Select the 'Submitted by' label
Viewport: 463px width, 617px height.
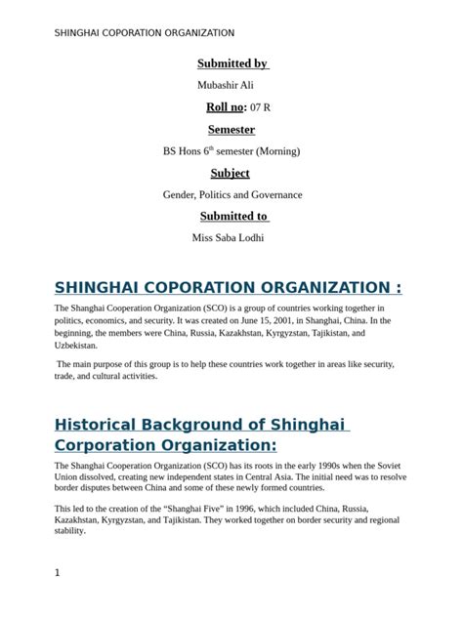(x=232, y=64)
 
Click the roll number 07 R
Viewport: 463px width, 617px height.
(x=261, y=106)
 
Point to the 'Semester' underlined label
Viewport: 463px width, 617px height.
(x=231, y=130)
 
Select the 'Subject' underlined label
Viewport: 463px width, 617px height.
(x=231, y=174)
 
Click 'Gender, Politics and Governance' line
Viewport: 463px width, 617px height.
(x=232, y=194)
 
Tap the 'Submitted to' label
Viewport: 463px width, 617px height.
(x=234, y=217)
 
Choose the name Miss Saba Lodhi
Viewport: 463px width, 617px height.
(x=228, y=237)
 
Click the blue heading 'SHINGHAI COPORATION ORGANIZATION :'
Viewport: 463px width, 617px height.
(x=228, y=287)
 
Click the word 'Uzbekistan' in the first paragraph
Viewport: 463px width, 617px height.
(x=76, y=345)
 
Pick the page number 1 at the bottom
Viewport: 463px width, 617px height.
(x=58, y=573)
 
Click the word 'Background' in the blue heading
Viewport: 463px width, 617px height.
(x=204, y=425)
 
